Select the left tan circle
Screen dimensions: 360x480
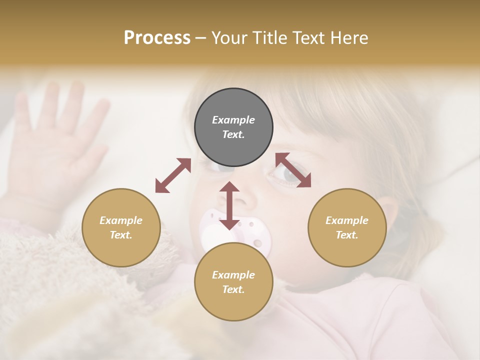pos(121,227)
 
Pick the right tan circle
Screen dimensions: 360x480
pos(347,227)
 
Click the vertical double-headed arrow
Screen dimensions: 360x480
pos(229,205)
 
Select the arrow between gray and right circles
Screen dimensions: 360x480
pos(293,170)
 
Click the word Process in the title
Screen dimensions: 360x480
pos(157,37)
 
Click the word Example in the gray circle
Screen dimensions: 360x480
pos(233,120)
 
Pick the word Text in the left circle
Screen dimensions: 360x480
pos(121,235)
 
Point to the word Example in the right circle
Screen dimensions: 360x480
pos(347,220)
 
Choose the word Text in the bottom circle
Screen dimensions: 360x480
pos(233,289)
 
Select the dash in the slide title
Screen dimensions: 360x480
pos(201,38)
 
